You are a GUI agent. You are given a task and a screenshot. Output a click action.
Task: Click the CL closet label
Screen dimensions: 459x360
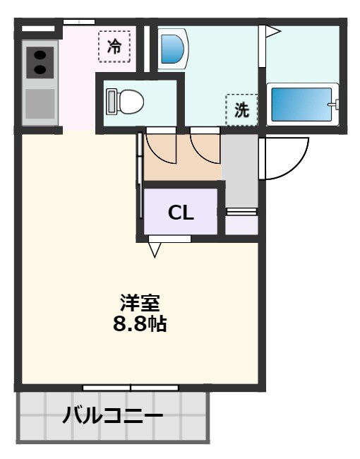point(181,213)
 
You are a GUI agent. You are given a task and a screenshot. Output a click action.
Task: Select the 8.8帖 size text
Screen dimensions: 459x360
point(140,325)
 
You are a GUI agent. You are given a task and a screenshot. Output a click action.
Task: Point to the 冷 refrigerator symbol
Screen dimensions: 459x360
point(114,47)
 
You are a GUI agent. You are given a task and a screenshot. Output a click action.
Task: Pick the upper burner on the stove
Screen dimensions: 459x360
point(40,54)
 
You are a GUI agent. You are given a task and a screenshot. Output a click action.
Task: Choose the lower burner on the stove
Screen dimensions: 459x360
point(40,69)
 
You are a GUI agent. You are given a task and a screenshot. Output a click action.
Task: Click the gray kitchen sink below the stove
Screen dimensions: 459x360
point(40,103)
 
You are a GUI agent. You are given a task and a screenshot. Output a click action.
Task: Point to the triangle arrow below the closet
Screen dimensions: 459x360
point(155,249)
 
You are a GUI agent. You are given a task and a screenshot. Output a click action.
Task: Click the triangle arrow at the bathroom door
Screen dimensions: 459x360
point(272,32)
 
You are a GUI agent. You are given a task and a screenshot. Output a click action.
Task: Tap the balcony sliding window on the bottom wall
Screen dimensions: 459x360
point(131,387)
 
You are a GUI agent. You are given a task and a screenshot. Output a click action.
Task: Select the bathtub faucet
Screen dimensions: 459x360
point(335,105)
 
